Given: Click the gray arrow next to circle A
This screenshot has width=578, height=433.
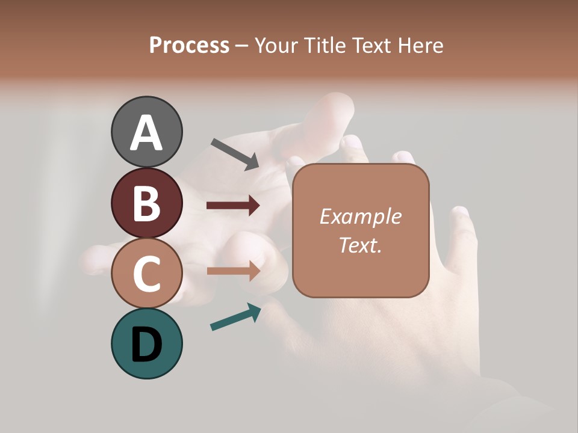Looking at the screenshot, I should pyautogui.click(x=235, y=153).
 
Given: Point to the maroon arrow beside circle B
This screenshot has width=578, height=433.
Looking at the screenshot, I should pyautogui.click(x=233, y=206).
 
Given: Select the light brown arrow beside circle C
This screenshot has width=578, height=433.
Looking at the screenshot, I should pyautogui.click(x=233, y=271).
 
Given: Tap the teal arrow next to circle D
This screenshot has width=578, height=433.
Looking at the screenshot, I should pyautogui.click(x=235, y=317).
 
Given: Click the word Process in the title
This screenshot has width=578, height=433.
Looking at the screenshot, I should pyautogui.click(x=189, y=45).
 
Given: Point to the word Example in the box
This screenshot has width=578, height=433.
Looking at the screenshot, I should pyautogui.click(x=360, y=216).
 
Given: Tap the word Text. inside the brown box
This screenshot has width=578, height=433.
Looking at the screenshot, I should pyautogui.click(x=360, y=245).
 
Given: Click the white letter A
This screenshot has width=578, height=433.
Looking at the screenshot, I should pyautogui.click(x=146, y=132).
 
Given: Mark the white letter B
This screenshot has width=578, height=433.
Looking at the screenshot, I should pyautogui.click(x=146, y=203).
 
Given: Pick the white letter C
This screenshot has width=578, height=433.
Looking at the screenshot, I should pyautogui.click(x=146, y=274).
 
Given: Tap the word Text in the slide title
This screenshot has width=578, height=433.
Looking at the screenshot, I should pyautogui.click(x=367, y=45).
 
